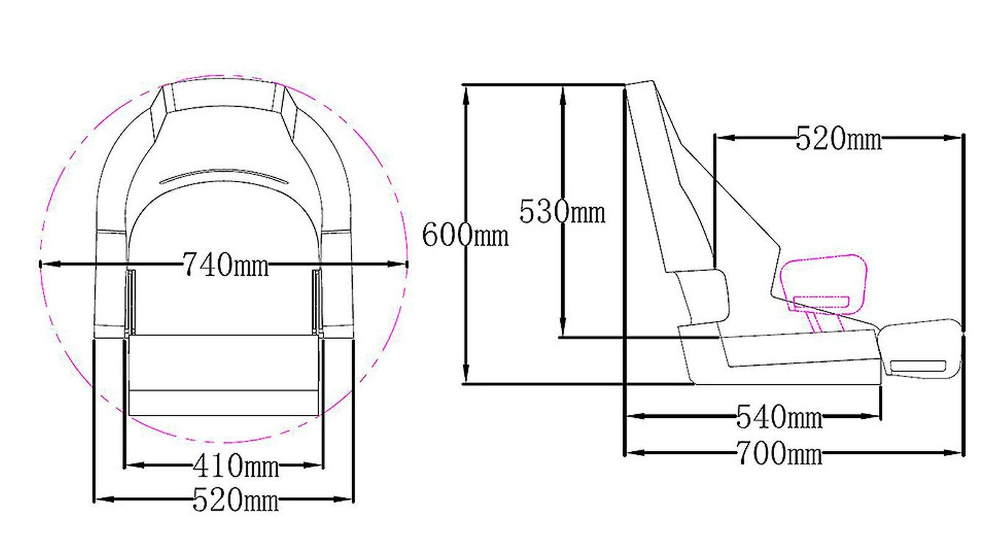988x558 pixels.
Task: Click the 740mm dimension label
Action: pyautogui.click(x=226, y=265)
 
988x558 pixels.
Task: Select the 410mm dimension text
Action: pyautogui.click(x=236, y=466)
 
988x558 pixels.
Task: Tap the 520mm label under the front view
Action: pyautogui.click(x=236, y=500)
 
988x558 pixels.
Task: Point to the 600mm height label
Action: pyautogui.click(x=465, y=236)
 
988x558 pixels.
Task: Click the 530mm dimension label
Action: pyautogui.click(x=562, y=212)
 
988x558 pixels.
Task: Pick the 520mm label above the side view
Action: pyautogui.click(x=838, y=139)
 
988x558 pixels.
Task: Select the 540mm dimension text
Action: pyautogui.click(x=778, y=417)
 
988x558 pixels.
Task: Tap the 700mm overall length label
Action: pyautogui.click(x=778, y=453)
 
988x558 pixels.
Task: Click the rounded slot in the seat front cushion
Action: pyautogui.click(x=918, y=366)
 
